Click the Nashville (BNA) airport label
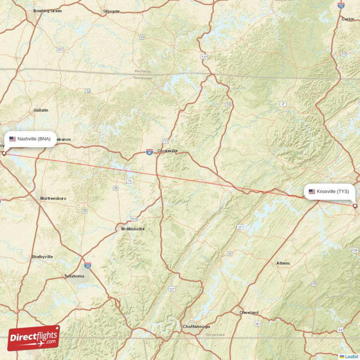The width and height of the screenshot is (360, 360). coord(31,139)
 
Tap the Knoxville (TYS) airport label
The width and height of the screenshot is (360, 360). coord(329,191)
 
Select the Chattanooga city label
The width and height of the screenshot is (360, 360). coord(196,326)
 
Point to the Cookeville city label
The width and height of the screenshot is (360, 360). coord(167,151)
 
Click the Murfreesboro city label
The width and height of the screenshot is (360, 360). coord(53,198)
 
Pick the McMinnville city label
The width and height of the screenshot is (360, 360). coord(133,229)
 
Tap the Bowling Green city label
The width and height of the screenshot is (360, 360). coord(47,10)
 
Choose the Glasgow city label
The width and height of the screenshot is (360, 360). coord(112,11)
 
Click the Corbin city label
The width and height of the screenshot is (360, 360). coord(348,19)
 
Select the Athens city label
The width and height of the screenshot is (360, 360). coord(283,263)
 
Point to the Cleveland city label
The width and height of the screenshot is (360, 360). coord(249,312)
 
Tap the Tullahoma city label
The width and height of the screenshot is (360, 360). coord(74,276)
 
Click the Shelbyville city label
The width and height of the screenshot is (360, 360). coord(42,256)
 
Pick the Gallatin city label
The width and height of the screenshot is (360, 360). coord(40,110)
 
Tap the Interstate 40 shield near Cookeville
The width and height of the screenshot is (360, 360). coord(149,153)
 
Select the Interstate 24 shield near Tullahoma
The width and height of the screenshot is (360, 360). coord(87,265)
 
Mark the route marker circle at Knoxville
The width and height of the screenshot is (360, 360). coord(355,206)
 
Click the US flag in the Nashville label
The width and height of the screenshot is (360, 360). coord(13,139)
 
